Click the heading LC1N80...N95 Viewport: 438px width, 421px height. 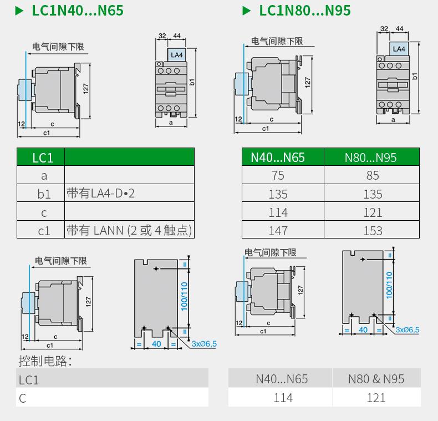304,10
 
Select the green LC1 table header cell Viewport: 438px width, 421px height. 42,158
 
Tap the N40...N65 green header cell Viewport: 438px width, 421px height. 278,158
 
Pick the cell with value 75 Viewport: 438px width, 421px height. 278,175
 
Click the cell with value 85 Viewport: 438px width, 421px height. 373,175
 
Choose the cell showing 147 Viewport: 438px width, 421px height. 278,230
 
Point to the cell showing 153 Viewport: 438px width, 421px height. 373,230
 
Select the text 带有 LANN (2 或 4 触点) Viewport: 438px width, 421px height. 129,230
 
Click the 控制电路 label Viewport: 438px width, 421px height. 45,362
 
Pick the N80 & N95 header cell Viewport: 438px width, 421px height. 376,379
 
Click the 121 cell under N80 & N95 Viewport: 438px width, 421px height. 376,398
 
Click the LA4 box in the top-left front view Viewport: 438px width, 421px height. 176,54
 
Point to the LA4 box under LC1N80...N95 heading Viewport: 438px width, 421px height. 399,49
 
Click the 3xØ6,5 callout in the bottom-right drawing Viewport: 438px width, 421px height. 407,330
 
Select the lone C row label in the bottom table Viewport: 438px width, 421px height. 23,398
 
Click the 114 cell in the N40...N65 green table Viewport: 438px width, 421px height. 278,212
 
